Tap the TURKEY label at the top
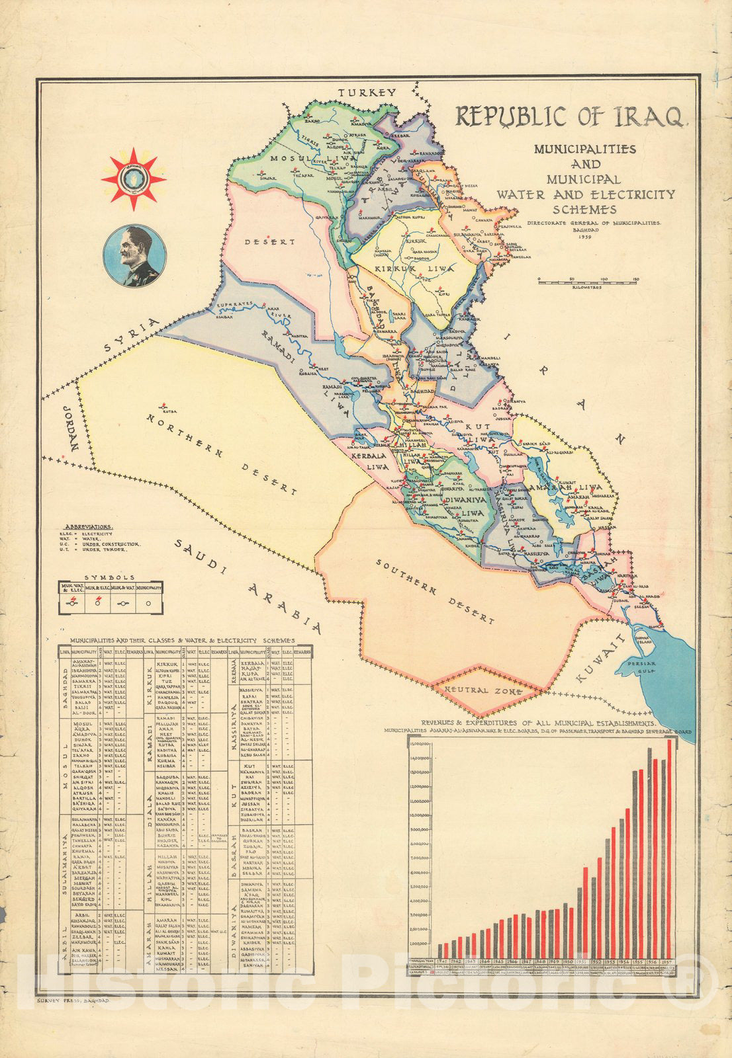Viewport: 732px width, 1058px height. point(367,93)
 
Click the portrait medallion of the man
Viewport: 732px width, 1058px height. point(134,255)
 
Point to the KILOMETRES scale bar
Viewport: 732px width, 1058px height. point(587,280)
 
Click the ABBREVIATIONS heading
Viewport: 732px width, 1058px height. point(86,528)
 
